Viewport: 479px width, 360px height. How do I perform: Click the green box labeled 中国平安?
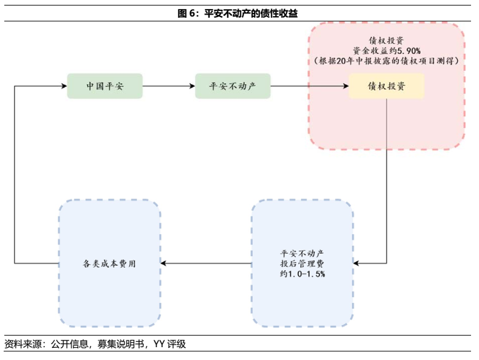point(105,86)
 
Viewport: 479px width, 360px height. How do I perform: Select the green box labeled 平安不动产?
point(232,86)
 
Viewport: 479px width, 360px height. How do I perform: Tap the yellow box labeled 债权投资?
point(386,86)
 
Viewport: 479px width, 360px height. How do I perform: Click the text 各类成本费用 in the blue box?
point(110,263)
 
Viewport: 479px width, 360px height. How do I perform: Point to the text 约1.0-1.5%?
point(302,274)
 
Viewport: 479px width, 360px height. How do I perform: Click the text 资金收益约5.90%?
point(386,50)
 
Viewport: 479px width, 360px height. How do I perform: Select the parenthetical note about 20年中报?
point(386,61)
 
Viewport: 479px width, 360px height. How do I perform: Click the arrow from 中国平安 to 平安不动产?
point(168,86)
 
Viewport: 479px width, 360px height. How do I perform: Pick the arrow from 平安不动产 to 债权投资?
point(309,86)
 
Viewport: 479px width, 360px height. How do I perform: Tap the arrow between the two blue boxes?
point(207,263)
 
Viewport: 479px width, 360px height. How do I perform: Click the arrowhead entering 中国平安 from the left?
point(63,86)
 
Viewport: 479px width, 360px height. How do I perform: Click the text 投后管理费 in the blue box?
point(302,263)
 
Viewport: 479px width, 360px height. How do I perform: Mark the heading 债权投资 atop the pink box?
point(386,39)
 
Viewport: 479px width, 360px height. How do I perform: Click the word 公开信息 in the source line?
point(69,345)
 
